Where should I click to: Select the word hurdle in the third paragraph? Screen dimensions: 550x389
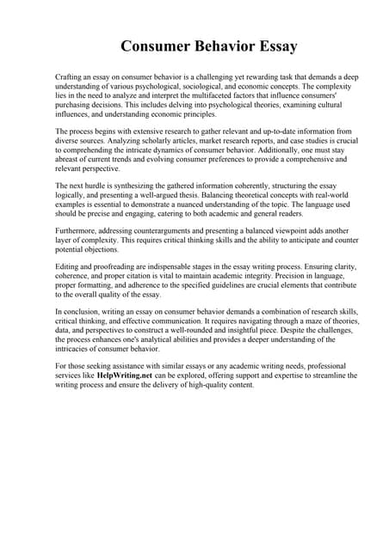pos(98,186)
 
